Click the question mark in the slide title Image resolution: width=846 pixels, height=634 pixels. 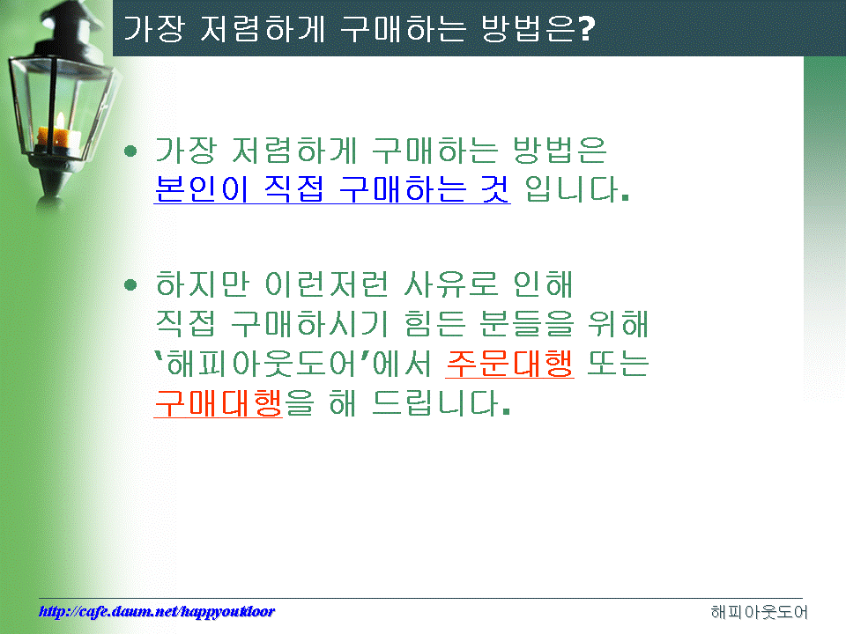(587, 29)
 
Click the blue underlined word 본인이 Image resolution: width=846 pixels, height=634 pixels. (201, 189)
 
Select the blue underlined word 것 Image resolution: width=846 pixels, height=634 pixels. (494, 189)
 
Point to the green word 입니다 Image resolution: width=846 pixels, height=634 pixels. (576, 189)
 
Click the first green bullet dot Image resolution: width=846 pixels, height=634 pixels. (130, 151)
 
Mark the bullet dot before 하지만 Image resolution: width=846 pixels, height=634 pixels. (130, 284)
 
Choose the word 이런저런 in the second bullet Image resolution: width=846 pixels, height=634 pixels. (326, 284)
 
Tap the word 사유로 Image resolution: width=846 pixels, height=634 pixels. (450, 284)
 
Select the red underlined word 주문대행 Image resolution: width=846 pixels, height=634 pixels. (509, 364)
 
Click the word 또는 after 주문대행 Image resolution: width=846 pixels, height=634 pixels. (617, 364)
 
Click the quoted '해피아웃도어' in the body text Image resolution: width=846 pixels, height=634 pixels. (261, 364)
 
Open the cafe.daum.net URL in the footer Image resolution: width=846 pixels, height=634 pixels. (157, 611)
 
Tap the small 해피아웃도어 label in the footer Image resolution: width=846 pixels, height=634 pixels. (759, 612)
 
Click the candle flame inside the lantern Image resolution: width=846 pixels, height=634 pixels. (61, 121)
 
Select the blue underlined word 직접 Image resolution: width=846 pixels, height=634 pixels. (293, 189)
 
